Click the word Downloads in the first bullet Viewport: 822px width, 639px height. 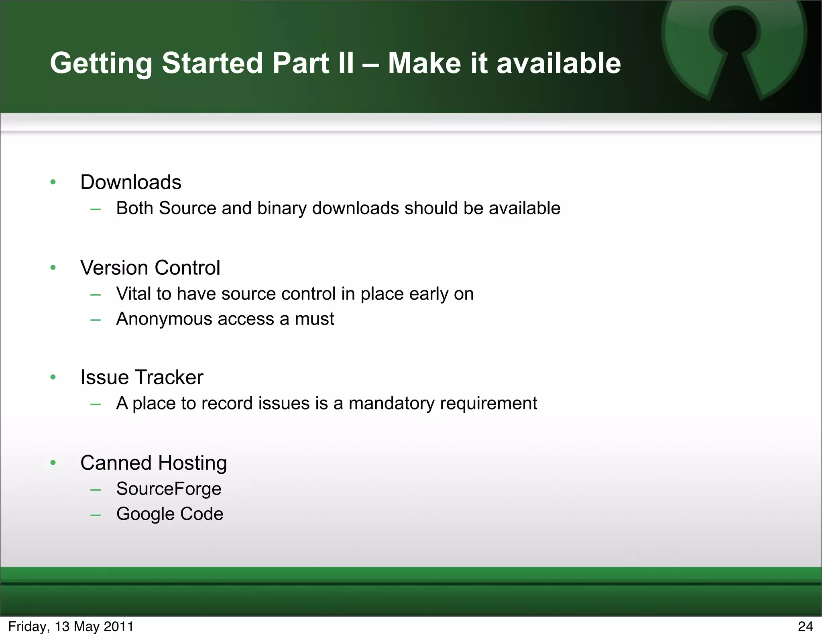(130, 183)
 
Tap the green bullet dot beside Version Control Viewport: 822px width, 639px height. (53, 268)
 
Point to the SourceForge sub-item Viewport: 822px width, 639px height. (169, 489)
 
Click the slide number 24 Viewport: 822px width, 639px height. (805, 627)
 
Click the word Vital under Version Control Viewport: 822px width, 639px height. (133, 294)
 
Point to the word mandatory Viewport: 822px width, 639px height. (391, 404)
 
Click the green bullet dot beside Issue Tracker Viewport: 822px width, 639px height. (53, 377)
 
